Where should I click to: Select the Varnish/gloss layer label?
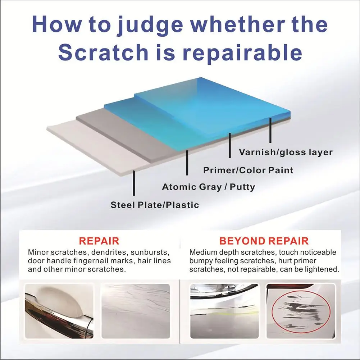(x=286, y=152)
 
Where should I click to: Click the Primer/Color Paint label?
(x=248, y=170)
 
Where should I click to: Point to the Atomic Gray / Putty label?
(x=209, y=187)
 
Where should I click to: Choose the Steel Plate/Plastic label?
(x=155, y=205)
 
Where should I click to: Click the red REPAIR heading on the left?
(x=99, y=241)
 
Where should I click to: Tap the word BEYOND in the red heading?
(x=242, y=241)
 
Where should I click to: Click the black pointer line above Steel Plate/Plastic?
(x=134, y=183)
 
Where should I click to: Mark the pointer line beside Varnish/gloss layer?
(x=270, y=130)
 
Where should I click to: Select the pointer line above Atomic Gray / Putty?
(x=187, y=163)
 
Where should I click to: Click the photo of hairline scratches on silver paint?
(x=136, y=311)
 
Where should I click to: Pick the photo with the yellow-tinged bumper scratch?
(x=225, y=311)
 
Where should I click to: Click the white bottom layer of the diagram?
(x=96, y=147)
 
